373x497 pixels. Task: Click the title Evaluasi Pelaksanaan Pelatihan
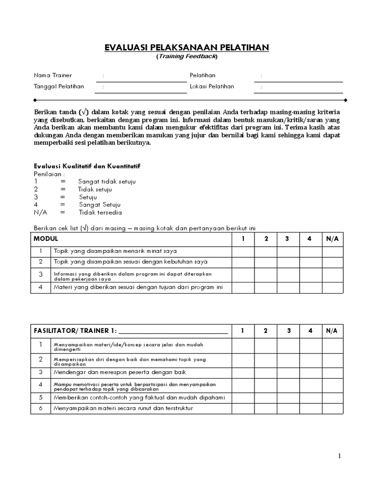[x=186, y=47]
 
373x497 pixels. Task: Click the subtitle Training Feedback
[x=186, y=56]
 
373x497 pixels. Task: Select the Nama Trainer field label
[x=52, y=75]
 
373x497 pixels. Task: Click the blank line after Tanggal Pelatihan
[x=141, y=87]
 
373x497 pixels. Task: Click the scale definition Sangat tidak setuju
[x=107, y=182]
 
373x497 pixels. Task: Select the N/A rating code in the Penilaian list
[x=40, y=213]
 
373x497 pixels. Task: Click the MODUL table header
[x=46, y=239]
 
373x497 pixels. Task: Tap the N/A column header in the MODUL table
[x=332, y=239]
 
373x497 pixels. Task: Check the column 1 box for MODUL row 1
[x=243, y=251]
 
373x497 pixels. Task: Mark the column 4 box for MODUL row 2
[x=310, y=262]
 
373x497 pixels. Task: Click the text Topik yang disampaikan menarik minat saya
[x=115, y=251]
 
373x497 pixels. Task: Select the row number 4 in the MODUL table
[x=41, y=287]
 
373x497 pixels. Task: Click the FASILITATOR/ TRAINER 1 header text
[x=75, y=331]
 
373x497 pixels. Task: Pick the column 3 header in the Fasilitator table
[x=288, y=331]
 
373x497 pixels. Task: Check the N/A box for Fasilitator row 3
[x=332, y=372]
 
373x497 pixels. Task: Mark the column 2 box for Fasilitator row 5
[x=266, y=398]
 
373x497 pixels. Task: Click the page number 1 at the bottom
[x=340, y=456]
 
